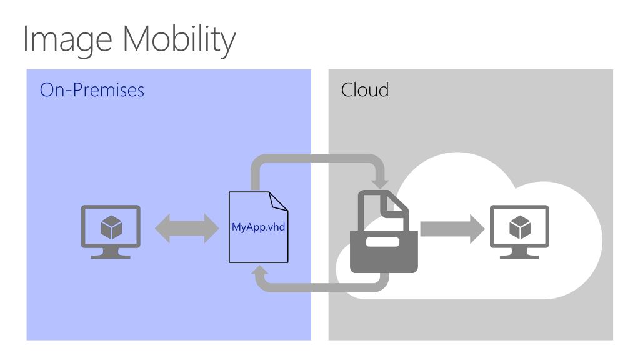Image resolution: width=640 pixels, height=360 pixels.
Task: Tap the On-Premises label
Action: click(92, 90)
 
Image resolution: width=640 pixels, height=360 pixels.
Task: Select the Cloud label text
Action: click(365, 90)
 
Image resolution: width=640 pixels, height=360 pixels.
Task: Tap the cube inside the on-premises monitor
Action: click(111, 227)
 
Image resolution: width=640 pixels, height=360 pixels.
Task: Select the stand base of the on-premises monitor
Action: click(111, 256)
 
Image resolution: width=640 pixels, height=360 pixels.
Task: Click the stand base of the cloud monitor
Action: click(519, 256)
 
